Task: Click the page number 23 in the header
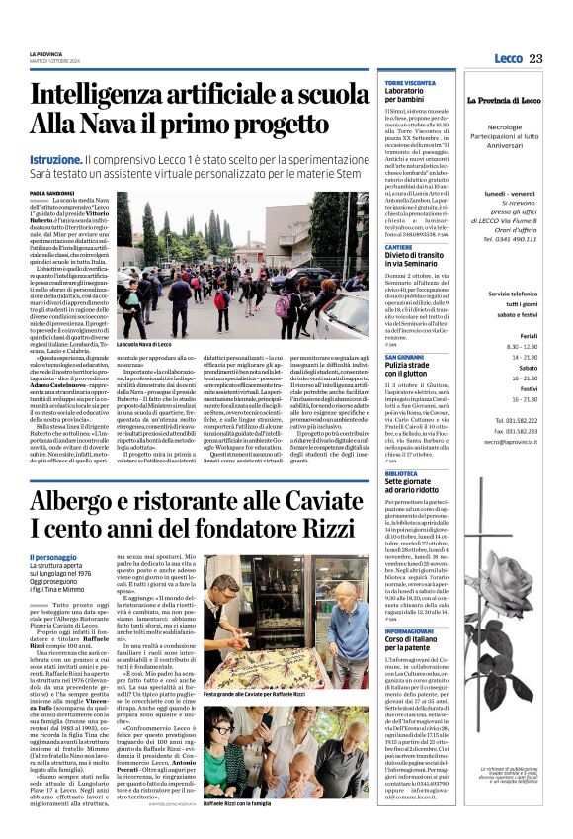click(x=535, y=58)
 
